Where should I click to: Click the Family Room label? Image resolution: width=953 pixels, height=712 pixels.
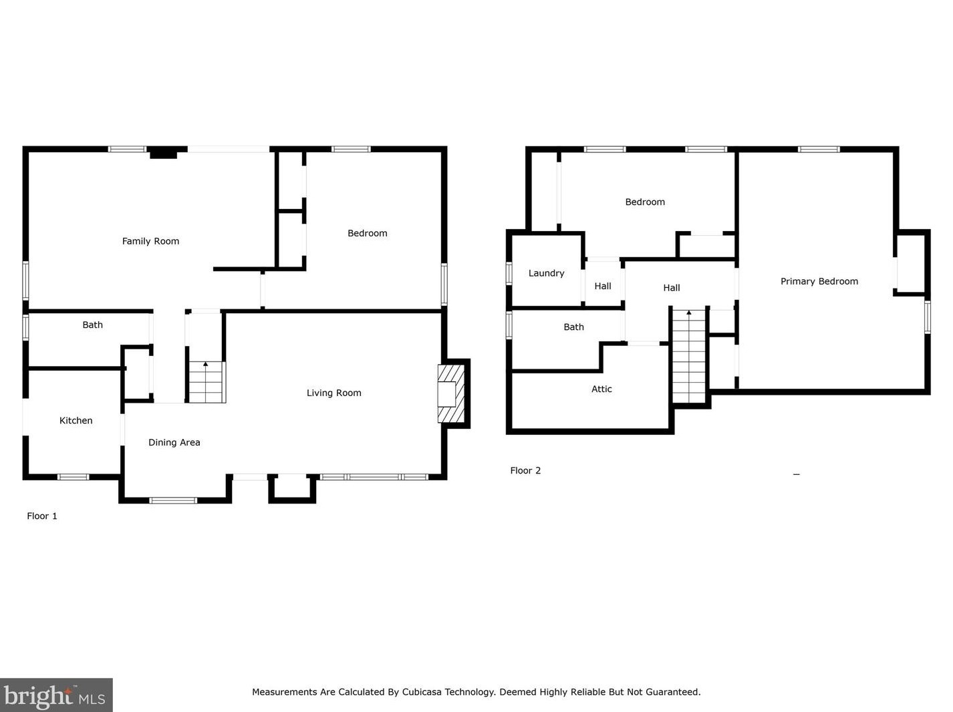point(150,241)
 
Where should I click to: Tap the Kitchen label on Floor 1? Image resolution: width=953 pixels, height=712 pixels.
point(76,420)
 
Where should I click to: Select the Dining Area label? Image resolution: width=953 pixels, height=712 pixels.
point(174,443)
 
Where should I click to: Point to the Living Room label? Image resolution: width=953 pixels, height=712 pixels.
point(334,393)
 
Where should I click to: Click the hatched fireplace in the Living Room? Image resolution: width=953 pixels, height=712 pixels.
point(451,393)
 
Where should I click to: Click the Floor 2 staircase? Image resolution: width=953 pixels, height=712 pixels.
point(689,356)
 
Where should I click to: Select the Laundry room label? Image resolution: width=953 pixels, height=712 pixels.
point(546,273)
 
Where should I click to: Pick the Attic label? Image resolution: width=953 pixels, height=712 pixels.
point(601,389)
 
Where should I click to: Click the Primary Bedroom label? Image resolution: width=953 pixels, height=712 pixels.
point(819,282)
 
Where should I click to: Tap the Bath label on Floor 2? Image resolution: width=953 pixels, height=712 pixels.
point(573,327)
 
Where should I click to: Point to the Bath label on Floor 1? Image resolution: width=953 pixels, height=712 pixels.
point(92,325)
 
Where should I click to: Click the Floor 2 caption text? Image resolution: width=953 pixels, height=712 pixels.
point(525,471)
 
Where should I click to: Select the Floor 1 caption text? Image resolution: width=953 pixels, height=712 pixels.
point(42,516)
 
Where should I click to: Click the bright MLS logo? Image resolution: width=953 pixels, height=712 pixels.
point(56,695)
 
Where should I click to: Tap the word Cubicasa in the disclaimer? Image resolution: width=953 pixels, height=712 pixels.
point(421,692)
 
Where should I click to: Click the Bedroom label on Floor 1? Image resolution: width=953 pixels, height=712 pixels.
point(368,233)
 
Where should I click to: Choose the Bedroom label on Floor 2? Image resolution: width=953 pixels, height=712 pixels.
point(645,202)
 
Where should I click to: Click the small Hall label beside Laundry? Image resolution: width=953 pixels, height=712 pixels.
point(603,287)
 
